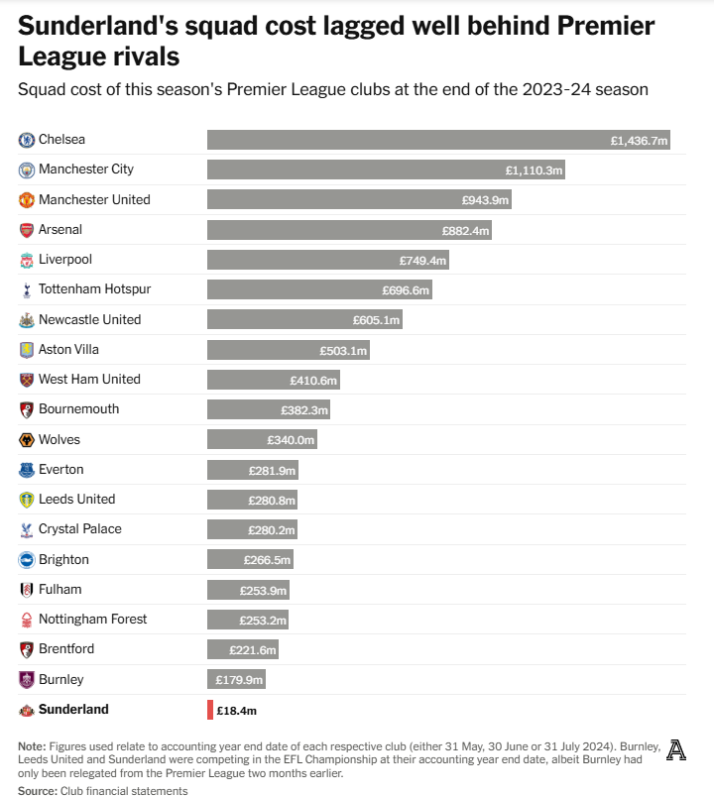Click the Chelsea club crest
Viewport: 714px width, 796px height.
[x=27, y=140]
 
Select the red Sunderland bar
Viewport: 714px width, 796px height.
[x=210, y=710]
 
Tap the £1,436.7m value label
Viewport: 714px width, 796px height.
[x=640, y=141]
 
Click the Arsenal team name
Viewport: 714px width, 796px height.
[x=60, y=230]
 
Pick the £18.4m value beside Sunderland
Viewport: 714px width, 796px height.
[x=237, y=711]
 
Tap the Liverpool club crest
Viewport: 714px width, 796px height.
[x=27, y=260]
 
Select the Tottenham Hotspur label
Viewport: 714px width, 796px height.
[x=94, y=289]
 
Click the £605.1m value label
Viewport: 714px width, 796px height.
[x=376, y=320]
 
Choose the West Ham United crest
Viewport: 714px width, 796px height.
[x=27, y=380]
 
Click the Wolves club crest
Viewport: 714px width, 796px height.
[x=27, y=439]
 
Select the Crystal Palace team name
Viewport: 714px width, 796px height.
[x=80, y=529]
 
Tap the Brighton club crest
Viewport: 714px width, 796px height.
[x=27, y=559]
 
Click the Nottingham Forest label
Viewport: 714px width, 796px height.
[x=92, y=620]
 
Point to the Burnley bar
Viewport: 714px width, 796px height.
[x=236, y=679]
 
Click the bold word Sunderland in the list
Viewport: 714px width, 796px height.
[x=73, y=710]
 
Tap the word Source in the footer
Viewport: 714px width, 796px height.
[x=37, y=791]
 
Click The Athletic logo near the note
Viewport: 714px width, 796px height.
[x=676, y=750]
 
